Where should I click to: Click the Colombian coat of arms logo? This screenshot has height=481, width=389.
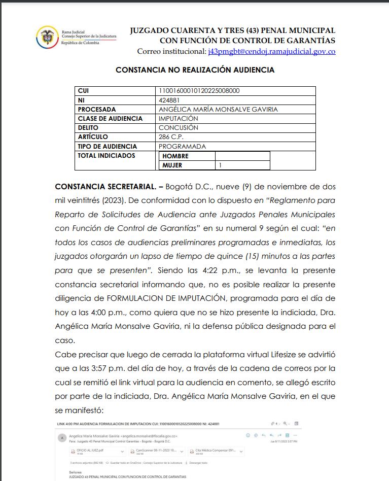(47, 37)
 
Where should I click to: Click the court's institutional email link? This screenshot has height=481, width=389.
(272, 52)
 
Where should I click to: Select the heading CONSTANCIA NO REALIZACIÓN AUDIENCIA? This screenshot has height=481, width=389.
(195, 70)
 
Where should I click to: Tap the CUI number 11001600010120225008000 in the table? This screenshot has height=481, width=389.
(199, 91)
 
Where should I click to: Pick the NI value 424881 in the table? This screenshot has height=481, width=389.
(169, 100)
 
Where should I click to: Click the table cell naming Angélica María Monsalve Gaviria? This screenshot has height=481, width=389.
(218, 109)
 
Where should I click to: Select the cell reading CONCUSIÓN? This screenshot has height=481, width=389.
(179, 128)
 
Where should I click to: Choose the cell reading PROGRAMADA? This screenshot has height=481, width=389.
(183, 146)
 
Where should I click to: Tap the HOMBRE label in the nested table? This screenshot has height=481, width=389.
(175, 156)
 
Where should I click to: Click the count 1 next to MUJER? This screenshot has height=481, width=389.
(221, 165)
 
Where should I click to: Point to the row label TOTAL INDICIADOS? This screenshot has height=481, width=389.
(107, 155)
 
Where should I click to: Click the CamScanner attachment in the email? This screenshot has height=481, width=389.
(155, 451)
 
